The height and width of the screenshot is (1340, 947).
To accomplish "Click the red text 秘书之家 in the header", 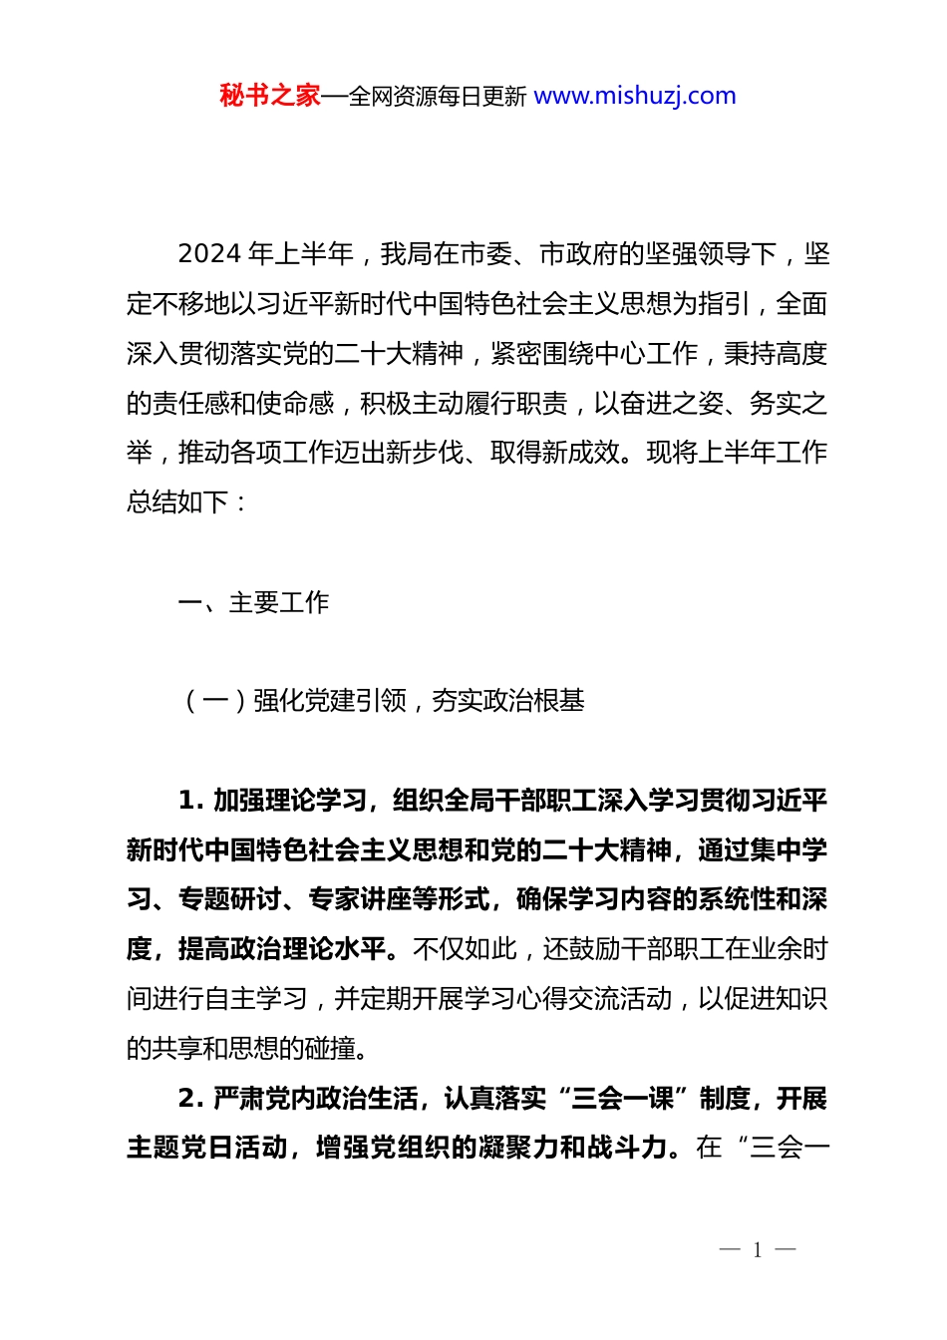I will (x=270, y=96).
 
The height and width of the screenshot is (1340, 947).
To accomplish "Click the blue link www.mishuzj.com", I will (x=635, y=96).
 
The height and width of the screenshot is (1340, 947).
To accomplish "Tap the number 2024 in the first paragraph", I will (x=209, y=254).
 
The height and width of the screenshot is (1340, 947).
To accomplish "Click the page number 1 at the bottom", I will (x=758, y=1250).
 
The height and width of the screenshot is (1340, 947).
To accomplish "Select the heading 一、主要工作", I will (x=253, y=602).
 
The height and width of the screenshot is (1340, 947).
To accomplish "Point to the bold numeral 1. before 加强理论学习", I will (x=190, y=801).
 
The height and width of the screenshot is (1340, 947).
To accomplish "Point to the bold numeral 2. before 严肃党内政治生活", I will (x=190, y=1099).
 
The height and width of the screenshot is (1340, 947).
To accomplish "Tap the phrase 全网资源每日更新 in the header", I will (x=438, y=97).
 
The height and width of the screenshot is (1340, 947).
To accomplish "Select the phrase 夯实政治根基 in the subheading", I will (x=507, y=701).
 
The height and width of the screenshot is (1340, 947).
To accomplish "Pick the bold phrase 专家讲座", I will (x=359, y=899).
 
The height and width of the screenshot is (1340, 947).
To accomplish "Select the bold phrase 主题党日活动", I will (x=204, y=1148).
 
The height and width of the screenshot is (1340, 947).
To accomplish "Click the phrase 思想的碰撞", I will (x=305, y=1048).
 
